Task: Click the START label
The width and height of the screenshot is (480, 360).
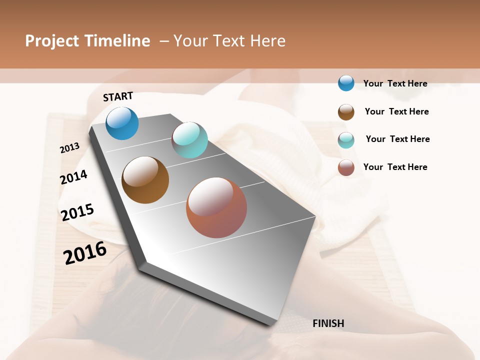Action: [x=118, y=96]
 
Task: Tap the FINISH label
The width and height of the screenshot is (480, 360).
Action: [x=328, y=323]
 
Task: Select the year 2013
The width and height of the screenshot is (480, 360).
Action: [x=69, y=147]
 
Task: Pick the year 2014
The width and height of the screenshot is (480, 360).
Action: [x=73, y=177]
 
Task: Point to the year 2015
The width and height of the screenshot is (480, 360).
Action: [x=77, y=212]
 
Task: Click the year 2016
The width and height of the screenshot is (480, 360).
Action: [x=85, y=252]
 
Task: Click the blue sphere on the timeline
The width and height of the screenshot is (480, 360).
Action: [x=122, y=123]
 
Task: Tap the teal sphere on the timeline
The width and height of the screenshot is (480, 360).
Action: [x=189, y=140]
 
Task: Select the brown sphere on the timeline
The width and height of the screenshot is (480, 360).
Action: [x=145, y=180]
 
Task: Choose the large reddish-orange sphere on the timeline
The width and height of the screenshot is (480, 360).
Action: [x=216, y=207]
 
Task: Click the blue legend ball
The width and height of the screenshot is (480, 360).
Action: [x=346, y=83]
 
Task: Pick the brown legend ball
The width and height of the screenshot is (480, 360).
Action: [x=346, y=112]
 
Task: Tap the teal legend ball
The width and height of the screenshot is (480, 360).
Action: [x=346, y=140]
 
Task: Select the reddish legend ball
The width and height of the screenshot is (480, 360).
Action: [x=346, y=167]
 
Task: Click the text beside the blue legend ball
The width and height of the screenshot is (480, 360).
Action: [x=395, y=83]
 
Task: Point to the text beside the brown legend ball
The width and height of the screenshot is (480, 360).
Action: [x=396, y=111]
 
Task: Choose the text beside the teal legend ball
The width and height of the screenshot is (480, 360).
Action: [x=397, y=139]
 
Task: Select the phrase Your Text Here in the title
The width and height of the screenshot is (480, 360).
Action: [x=229, y=41]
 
